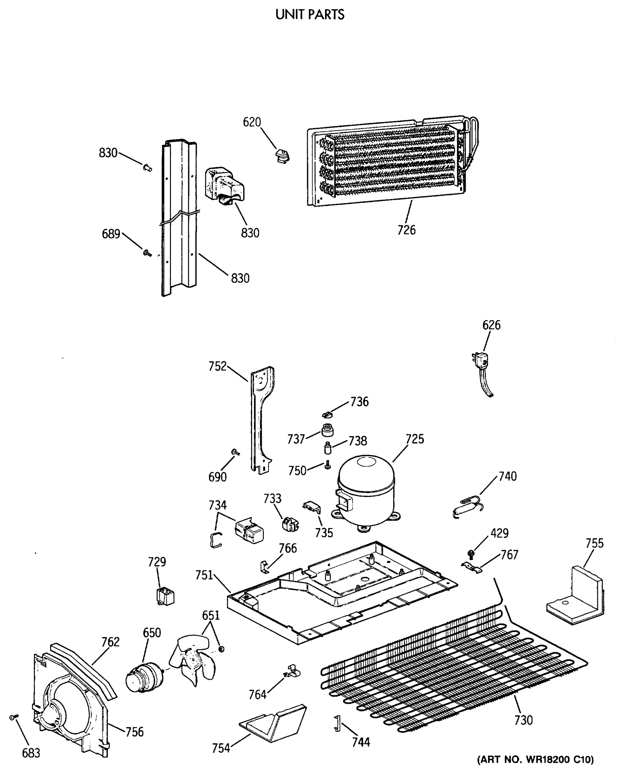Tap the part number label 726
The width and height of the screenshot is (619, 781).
point(406,230)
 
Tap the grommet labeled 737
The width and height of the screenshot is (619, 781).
point(327,430)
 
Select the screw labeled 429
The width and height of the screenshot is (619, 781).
point(471,553)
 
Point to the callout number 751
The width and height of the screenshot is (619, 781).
point(204,575)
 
